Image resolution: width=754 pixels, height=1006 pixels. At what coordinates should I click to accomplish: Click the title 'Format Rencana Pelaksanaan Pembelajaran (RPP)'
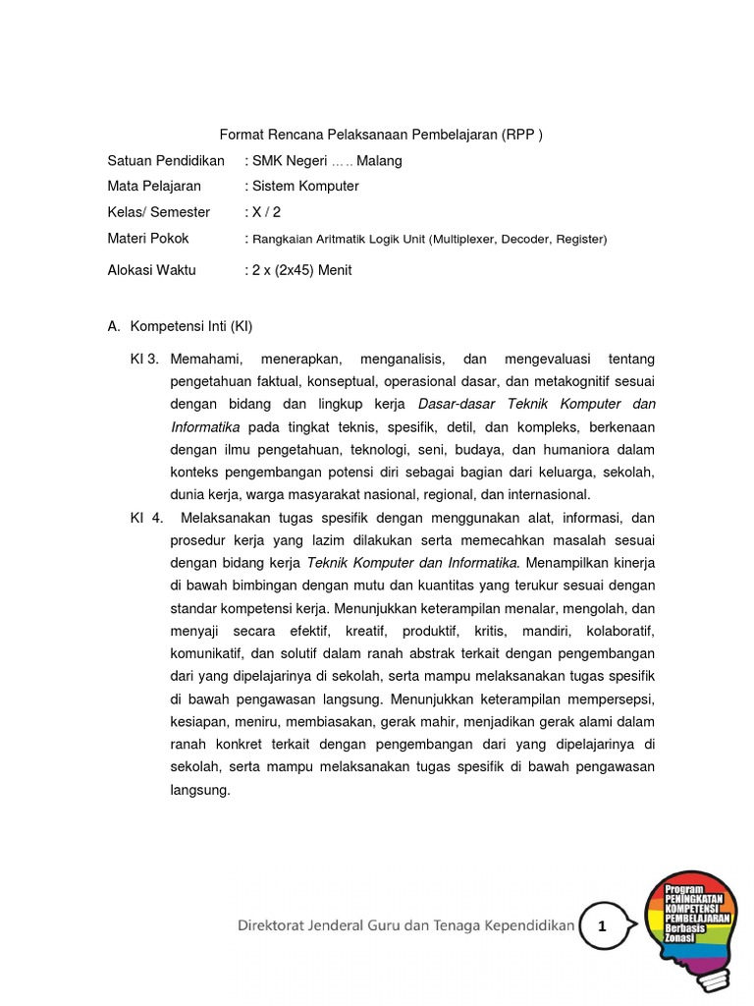(379, 135)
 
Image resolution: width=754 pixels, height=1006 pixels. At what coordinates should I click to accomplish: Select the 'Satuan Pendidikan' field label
(166, 160)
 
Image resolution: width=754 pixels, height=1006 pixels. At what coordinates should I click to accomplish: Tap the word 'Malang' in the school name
(379, 160)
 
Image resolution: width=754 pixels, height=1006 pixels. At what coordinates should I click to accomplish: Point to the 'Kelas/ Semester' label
(159, 211)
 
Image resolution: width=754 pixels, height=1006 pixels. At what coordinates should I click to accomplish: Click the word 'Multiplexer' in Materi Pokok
(466, 239)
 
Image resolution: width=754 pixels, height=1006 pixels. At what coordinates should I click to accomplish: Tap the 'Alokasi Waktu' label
(152, 270)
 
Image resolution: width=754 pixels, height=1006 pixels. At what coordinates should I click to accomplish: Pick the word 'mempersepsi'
(609, 699)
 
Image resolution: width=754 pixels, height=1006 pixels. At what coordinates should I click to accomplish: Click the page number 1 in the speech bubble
(603, 926)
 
